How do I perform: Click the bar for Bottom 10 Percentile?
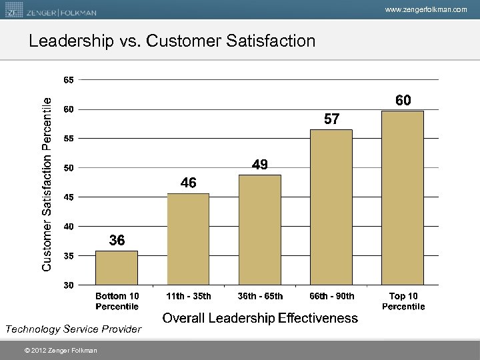(117, 268)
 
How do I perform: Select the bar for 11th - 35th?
(188, 239)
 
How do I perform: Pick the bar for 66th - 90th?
(331, 207)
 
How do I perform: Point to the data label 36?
(117, 240)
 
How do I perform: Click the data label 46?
(188, 183)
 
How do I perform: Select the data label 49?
(260, 165)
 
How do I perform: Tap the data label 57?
(331, 119)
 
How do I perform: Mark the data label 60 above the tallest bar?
(403, 101)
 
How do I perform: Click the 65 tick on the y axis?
(69, 80)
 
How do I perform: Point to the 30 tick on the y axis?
(69, 285)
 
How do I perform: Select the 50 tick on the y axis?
(69, 168)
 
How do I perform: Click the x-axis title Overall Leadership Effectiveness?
(260, 318)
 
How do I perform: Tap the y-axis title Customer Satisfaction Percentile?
(47, 183)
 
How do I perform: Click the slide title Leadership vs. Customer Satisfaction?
(172, 41)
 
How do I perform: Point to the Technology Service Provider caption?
(73, 329)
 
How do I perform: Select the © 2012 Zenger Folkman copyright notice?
(59, 351)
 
